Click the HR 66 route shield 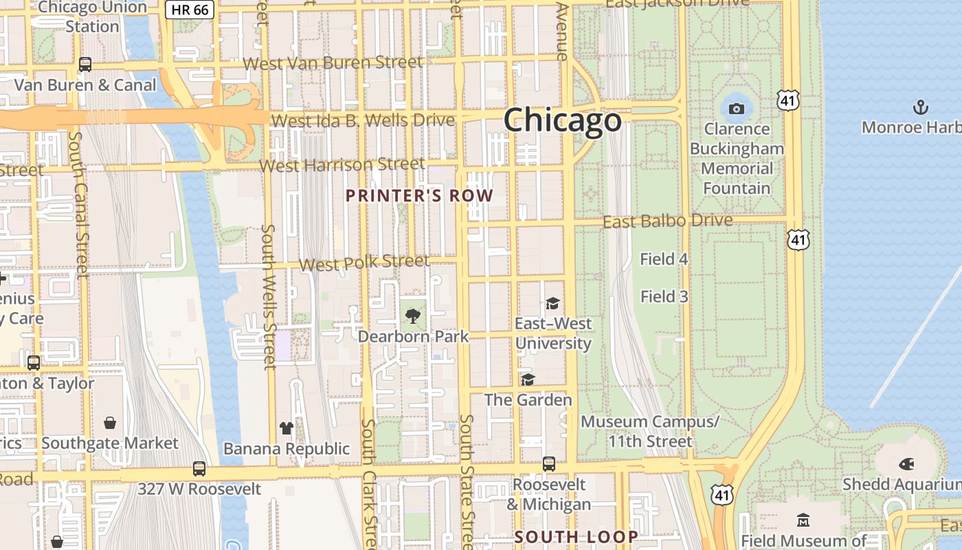pyautogui.click(x=190, y=10)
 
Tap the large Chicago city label pyautogui.click(x=563, y=120)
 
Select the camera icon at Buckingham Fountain pyautogui.click(x=736, y=109)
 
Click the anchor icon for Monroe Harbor pyautogui.click(x=920, y=107)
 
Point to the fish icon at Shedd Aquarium pyautogui.click(x=906, y=464)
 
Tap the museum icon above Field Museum pyautogui.click(x=803, y=520)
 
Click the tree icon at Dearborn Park pyautogui.click(x=413, y=316)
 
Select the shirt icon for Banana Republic pyautogui.click(x=287, y=428)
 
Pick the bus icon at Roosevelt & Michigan pyautogui.click(x=548, y=464)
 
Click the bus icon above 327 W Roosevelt pyautogui.click(x=199, y=469)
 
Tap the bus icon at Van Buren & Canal pyautogui.click(x=85, y=65)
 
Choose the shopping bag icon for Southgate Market pyautogui.click(x=110, y=423)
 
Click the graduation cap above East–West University pyautogui.click(x=552, y=303)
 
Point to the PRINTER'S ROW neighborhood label pyautogui.click(x=419, y=196)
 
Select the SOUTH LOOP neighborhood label pyautogui.click(x=576, y=537)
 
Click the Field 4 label pyautogui.click(x=664, y=259)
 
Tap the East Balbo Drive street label pyautogui.click(x=667, y=221)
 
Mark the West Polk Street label pyautogui.click(x=364, y=263)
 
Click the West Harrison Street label pyautogui.click(x=342, y=166)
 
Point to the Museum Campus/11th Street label pyautogui.click(x=650, y=431)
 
